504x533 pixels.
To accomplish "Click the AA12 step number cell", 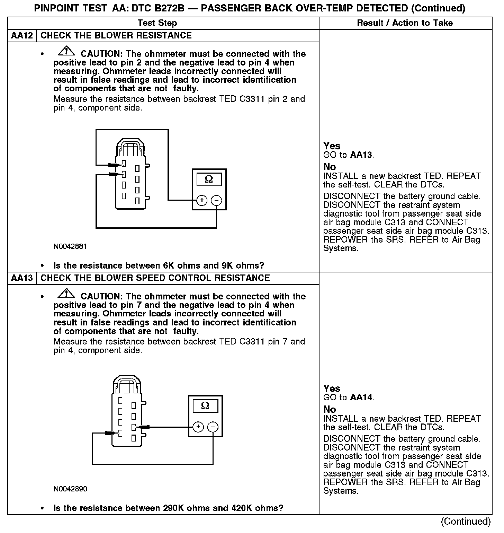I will click(x=22, y=36).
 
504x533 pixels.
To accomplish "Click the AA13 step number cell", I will click(x=22, y=278).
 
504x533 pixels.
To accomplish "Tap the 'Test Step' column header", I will click(x=157, y=23).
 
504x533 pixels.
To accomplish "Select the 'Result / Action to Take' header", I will click(x=405, y=23).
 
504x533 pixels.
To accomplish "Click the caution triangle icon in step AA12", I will click(x=66, y=51).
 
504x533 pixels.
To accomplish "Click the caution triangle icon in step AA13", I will click(x=66, y=294).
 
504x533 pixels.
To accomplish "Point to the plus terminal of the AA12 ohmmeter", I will click(x=202, y=200).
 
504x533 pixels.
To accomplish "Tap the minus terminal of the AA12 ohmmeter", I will click(x=216, y=200).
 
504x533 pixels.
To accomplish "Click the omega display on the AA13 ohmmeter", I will click(x=205, y=406).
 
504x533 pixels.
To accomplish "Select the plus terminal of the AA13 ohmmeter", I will click(x=198, y=427).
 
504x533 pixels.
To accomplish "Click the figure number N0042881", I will click(x=70, y=246).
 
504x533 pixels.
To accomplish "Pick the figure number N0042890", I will click(x=70, y=489).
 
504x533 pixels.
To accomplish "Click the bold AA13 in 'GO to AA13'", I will click(x=361, y=155).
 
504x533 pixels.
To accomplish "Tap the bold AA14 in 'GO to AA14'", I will click(x=361, y=397).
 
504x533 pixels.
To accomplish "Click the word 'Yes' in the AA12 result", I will click(x=332, y=146).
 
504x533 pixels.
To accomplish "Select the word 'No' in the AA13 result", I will click(x=330, y=409).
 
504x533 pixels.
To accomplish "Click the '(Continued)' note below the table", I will click(x=466, y=521).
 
